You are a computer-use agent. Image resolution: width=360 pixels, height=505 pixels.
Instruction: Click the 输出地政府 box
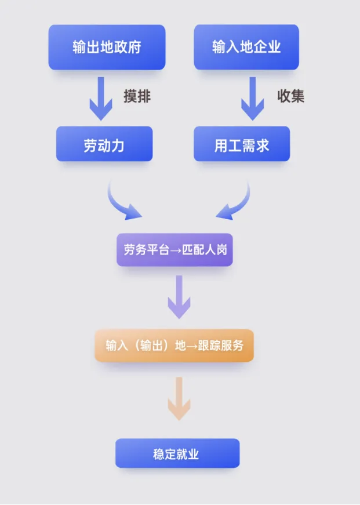(x=107, y=47)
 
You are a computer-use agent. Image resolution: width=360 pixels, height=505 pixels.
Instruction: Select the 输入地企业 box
(x=246, y=47)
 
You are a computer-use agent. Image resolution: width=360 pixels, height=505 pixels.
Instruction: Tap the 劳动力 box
(x=104, y=144)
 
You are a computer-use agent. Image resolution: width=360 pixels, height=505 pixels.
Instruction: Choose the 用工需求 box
(x=242, y=144)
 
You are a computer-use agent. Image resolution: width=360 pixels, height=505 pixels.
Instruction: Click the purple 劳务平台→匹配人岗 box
(x=174, y=250)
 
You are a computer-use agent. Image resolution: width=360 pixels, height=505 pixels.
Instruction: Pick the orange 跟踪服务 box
(x=174, y=346)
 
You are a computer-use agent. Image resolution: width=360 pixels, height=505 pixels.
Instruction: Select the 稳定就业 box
(x=177, y=453)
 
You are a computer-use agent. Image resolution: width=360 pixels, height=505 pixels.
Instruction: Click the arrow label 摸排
(x=137, y=96)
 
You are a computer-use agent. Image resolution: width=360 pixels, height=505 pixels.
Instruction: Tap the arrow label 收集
(x=290, y=96)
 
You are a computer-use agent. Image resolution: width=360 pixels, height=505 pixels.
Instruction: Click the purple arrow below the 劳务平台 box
(x=179, y=296)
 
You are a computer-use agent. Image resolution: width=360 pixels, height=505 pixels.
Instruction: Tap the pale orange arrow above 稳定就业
(x=179, y=398)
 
